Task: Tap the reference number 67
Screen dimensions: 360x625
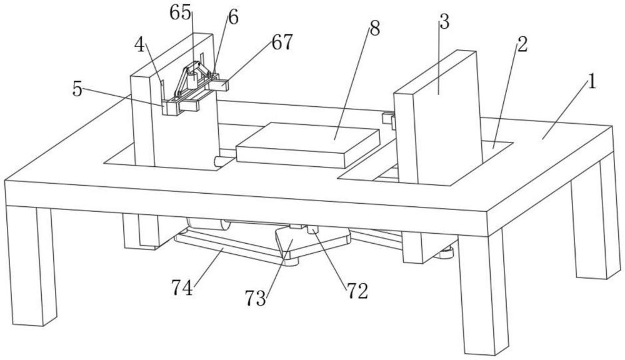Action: [x=282, y=42]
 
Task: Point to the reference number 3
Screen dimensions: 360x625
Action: [x=444, y=23]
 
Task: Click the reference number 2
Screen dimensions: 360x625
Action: [x=522, y=44]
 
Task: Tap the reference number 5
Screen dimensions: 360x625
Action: [x=77, y=90]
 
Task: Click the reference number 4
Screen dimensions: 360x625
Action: [x=140, y=45]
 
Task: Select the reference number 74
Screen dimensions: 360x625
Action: [x=183, y=288]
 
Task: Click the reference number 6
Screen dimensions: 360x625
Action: [x=232, y=17]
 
